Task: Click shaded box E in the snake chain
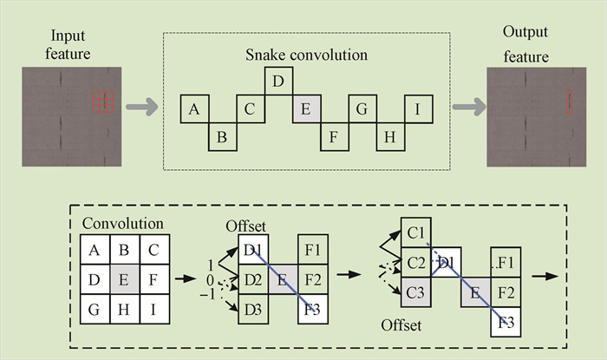305,109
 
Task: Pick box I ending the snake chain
418,109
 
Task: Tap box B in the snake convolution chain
221,136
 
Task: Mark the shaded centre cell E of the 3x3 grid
124,280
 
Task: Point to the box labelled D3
254,309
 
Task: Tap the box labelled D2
254,280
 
